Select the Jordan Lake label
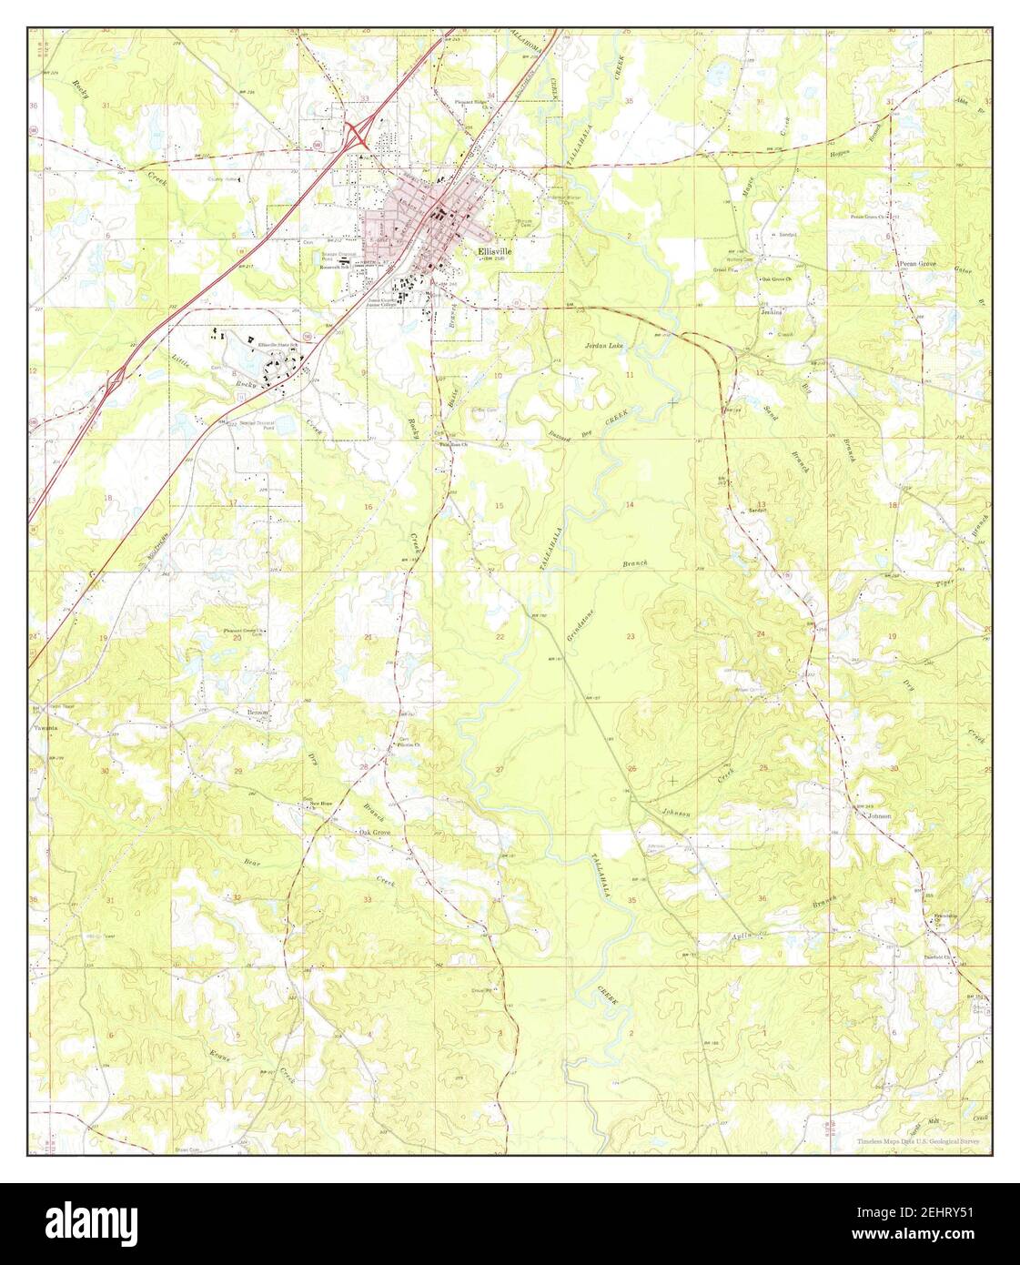604,347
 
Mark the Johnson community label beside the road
879,816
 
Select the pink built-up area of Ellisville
419,228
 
